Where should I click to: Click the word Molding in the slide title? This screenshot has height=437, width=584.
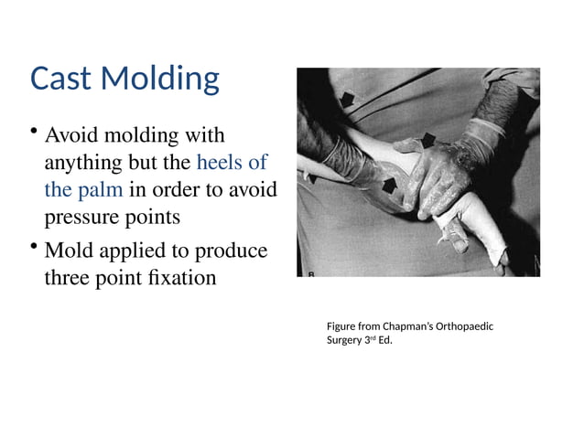point(159,80)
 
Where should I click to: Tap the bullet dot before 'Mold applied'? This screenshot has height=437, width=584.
point(34,249)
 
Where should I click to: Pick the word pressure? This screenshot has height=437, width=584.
point(81,219)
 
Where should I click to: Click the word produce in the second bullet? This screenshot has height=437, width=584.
point(233,250)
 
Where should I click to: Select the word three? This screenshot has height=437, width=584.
point(70,277)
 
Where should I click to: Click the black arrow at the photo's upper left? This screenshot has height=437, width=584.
point(347,98)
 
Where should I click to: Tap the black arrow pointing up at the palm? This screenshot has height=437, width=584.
point(388,185)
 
